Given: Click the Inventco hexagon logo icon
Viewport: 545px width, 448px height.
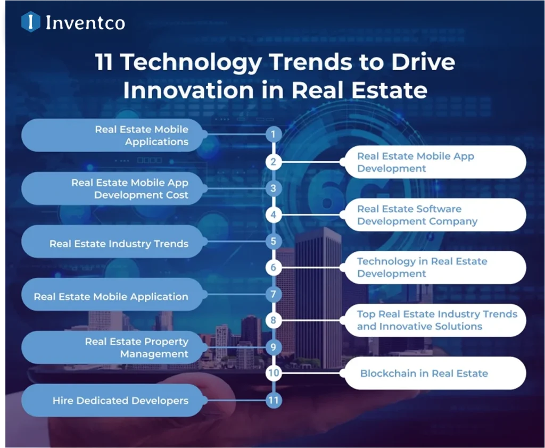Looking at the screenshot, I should click(31, 22).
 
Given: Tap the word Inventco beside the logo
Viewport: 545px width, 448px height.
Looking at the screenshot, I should click(85, 22).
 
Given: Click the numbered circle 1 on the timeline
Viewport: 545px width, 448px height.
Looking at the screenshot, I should click(273, 135).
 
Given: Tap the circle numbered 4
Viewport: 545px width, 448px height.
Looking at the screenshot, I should click(273, 215).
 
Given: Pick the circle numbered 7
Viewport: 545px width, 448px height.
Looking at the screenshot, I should click(273, 294).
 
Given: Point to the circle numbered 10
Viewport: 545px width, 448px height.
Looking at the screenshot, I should click(273, 373).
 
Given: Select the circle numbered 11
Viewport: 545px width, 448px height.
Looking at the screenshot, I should click(273, 400).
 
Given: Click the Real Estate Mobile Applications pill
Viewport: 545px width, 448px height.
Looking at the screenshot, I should click(112, 135).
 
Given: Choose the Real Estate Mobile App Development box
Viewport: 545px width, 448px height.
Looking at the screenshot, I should click(434, 162).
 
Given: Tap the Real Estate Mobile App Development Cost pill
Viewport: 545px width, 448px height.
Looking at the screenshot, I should click(112, 188).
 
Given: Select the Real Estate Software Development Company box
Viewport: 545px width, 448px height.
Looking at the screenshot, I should click(434, 215).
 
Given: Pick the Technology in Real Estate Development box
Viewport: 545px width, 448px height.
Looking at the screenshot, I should click(434, 268).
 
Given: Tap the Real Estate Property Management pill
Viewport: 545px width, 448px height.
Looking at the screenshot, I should click(112, 347).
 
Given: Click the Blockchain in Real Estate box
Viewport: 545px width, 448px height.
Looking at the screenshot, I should click(434, 373).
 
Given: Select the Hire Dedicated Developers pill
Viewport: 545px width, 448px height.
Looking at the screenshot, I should click(112, 400).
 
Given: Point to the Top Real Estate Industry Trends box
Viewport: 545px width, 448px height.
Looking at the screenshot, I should click(434, 320).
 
